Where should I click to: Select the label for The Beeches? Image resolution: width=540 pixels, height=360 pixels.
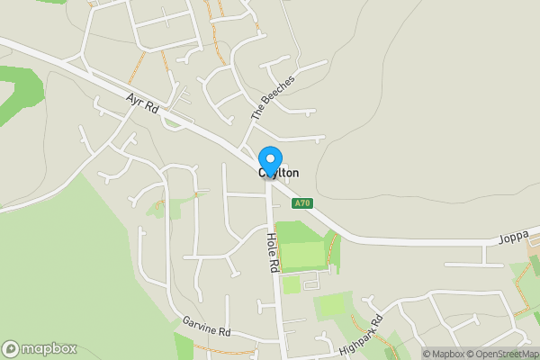pyautogui.click(x=273, y=98)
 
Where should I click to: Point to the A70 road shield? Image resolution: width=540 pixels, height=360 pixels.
pyautogui.click(x=302, y=203)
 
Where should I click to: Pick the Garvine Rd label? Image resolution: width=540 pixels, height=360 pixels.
pyautogui.click(x=206, y=327)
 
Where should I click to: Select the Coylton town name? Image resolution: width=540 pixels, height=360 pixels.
pyautogui.click(x=279, y=173)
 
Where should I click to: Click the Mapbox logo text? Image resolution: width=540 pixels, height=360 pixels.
pyautogui.click(x=49, y=348)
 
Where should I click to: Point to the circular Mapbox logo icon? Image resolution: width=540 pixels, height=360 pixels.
pyautogui.click(x=11, y=348)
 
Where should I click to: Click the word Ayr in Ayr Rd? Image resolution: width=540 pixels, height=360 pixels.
pyautogui.click(x=135, y=100)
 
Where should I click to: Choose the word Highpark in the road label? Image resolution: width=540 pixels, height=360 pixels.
pyautogui.click(x=356, y=338)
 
